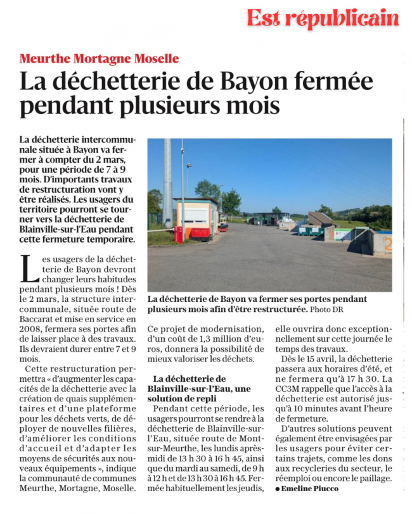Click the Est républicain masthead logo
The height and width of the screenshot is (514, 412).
323,19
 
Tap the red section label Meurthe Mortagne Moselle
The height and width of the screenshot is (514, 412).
100,59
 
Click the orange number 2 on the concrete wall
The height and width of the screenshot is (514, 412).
387,243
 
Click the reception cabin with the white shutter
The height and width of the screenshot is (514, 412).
196,218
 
